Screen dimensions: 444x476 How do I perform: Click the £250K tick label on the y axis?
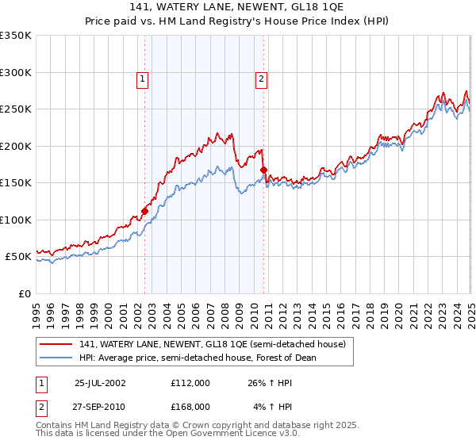pos(16,109)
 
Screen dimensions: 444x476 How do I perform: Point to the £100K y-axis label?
pos(16,220)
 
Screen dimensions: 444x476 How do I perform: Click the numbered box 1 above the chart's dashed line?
pos(142,78)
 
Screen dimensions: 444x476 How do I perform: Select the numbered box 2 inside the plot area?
pos(261,78)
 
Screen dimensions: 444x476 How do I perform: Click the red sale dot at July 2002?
pos(145,211)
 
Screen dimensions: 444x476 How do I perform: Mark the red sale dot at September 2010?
pos(263,170)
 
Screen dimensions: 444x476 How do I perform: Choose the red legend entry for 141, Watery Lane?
pos(212,345)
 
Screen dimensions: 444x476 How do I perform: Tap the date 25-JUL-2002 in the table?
pos(99,382)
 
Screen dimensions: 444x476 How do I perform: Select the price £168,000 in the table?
pos(190,406)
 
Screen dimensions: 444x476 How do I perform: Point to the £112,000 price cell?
pos(190,382)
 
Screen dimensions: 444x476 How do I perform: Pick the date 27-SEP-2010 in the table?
pos(99,406)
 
